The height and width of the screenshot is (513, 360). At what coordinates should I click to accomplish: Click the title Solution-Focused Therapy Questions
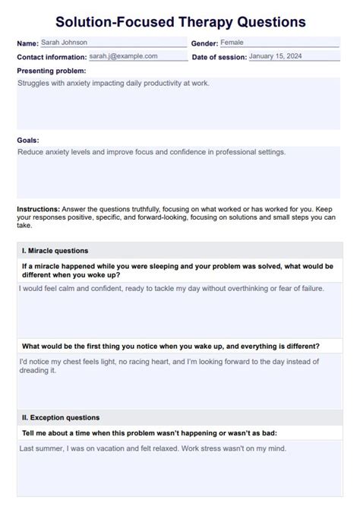(x=180, y=21)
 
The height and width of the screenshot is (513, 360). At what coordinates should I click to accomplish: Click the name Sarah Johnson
(x=65, y=43)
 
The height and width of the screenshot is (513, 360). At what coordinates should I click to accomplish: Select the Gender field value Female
(x=232, y=43)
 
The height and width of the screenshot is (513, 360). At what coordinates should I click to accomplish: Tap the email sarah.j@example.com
(x=123, y=56)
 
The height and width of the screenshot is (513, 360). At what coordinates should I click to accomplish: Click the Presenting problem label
(x=52, y=71)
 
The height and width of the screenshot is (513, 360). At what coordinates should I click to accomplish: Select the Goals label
(x=28, y=140)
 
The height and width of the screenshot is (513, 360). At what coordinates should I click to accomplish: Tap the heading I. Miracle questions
(x=55, y=250)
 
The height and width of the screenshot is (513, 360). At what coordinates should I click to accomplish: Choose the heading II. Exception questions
(x=61, y=417)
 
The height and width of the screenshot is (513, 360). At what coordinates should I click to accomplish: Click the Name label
(x=27, y=44)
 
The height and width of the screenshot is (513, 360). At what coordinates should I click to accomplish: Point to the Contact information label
(x=52, y=57)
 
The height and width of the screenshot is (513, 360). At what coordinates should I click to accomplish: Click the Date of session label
(x=219, y=57)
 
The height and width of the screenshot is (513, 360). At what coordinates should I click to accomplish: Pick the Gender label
(x=204, y=44)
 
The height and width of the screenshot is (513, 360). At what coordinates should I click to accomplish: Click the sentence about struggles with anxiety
(x=112, y=83)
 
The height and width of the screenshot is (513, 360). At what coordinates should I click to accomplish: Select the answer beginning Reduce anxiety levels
(x=151, y=152)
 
